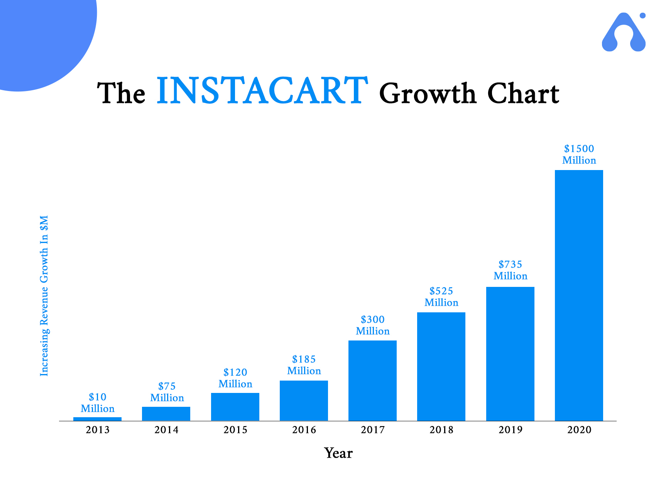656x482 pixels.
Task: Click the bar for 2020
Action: pos(579,295)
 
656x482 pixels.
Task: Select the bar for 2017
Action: pos(372,381)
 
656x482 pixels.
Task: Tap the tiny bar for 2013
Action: pos(97,419)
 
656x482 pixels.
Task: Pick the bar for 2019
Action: pos(510,354)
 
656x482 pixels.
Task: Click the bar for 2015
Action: pos(235,407)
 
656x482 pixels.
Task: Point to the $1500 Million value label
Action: pos(579,154)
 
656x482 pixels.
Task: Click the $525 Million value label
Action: pos(441,297)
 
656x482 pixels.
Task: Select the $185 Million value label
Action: pos(304,365)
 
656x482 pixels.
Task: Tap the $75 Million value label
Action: pos(167,392)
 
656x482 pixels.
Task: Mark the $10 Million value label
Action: pos(97,403)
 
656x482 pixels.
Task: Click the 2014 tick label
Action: pos(166,430)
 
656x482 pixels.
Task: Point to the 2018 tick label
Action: pos(441,430)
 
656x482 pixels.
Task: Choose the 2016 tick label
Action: pos(304,430)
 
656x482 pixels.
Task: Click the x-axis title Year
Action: pos(338,453)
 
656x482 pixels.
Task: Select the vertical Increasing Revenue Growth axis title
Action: pos(44,296)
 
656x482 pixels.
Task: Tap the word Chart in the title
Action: pos(523,94)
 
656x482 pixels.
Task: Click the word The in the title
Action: pos(121,94)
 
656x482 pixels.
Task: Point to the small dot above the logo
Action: pos(642,15)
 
